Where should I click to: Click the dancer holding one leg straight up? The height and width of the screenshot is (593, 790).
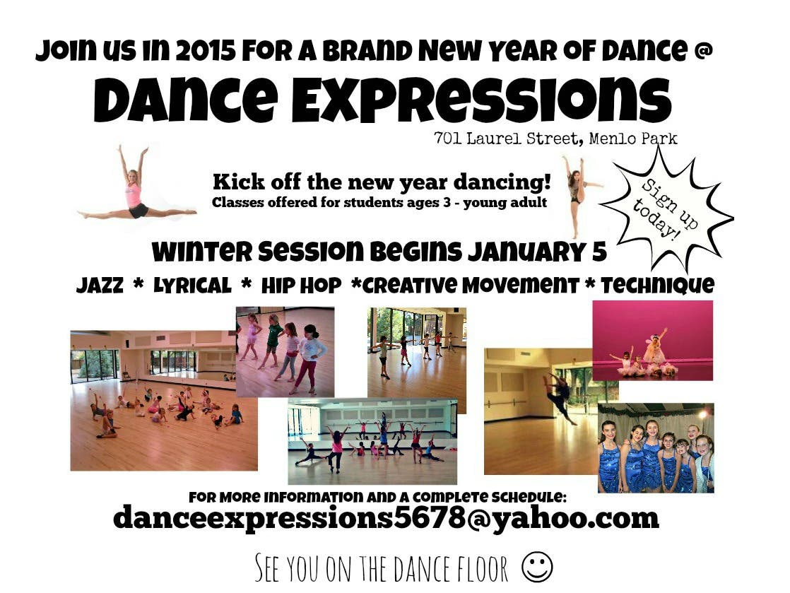click(x=578, y=196)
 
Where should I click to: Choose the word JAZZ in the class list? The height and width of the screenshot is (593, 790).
click(x=100, y=285)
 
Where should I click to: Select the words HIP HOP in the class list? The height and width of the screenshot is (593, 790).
click(x=301, y=286)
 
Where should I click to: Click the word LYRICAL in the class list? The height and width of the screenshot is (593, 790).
click(x=192, y=286)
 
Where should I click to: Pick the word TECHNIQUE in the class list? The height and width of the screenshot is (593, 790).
click(x=657, y=285)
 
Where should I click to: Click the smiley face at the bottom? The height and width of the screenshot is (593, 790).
click(x=537, y=567)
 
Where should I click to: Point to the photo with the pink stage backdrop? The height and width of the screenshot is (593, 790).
click(x=652, y=341)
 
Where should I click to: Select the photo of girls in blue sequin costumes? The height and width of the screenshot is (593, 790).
click(x=656, y=448)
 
